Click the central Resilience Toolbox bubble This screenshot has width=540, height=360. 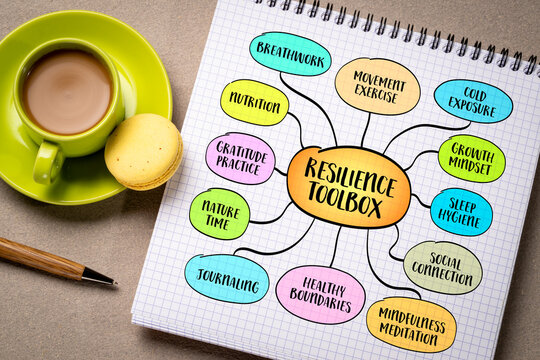[x=348, y=187]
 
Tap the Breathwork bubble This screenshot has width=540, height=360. [x=290, y=53]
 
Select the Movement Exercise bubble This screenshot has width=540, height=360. [x=377, y=85]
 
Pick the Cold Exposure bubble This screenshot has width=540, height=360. [x=473, y=101]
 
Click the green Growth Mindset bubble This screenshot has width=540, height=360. [x=471, y=158]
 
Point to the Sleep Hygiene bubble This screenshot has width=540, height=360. [x=461, y=211]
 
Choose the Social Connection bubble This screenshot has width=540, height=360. [x=442, y=267]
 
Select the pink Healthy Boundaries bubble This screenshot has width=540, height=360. [x=320, y=294]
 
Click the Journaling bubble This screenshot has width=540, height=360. [x=227, y=278]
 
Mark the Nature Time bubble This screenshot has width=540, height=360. [x=220, y=213]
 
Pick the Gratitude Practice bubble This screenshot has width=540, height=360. [x=240, y=158]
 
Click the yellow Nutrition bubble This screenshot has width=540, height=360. [x=254, y=102]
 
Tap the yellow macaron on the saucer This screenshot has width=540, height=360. [x=143, y=151]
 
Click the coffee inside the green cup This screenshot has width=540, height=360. [x=67, y=91]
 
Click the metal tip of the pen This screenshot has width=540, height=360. [x=99, y=276]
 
